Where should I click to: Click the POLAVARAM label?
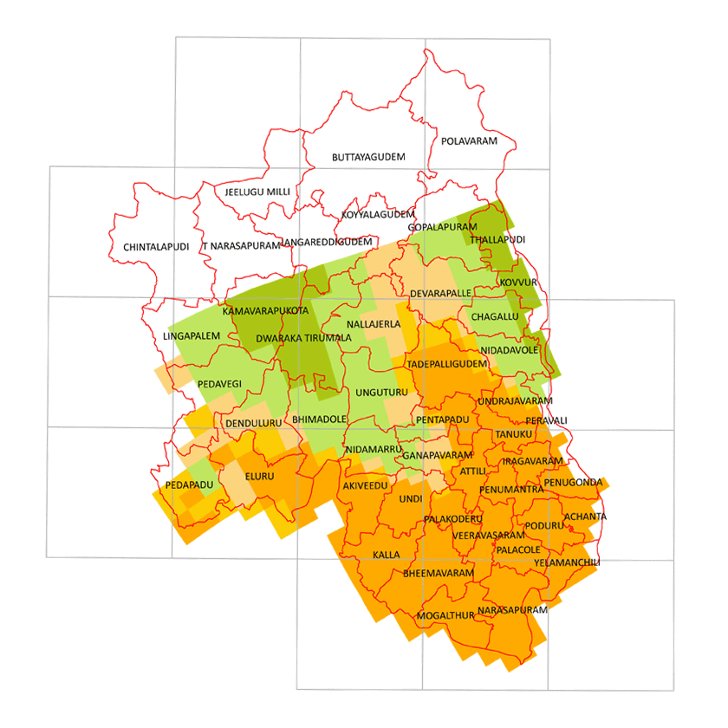470,140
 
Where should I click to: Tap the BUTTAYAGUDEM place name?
368,158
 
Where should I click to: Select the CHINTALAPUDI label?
156,247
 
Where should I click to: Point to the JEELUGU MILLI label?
257,192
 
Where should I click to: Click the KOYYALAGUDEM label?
378,214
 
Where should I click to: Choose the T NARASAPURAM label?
242,246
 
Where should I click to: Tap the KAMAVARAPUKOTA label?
265,310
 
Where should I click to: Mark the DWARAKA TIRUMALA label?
309,337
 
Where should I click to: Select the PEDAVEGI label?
219,383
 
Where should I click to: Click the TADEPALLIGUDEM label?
446,364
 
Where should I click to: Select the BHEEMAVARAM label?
439,574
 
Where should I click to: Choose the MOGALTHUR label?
445,615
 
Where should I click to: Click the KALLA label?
387,554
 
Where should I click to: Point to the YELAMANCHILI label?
567,562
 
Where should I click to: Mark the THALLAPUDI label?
497,239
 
